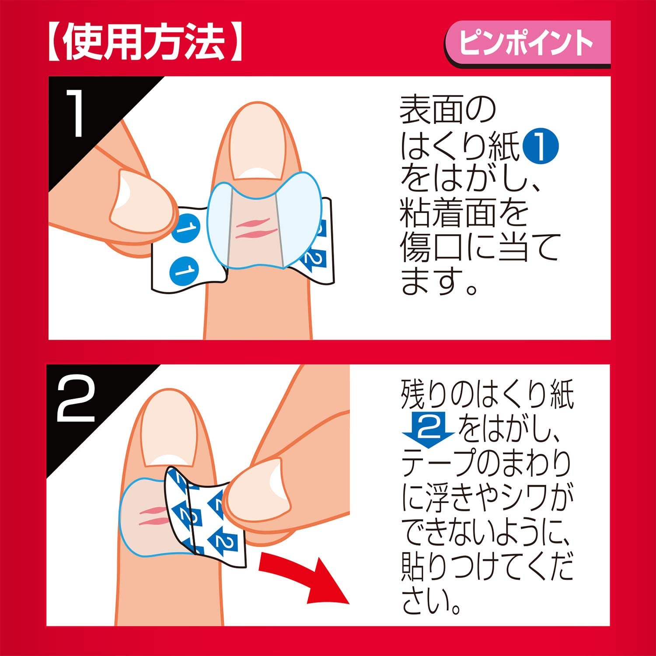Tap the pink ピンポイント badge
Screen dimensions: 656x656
(x=527, y=43)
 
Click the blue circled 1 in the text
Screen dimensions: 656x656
(x=541, y=147)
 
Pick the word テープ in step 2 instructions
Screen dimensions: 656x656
(x=438, y=464)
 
